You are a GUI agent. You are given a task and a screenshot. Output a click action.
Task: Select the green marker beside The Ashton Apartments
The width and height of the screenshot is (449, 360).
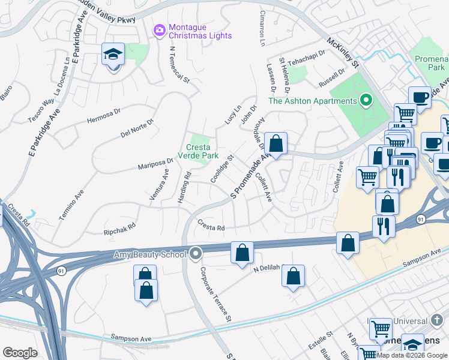click(364, 100)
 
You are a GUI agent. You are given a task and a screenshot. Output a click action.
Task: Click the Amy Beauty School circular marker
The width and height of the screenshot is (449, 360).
click(196, 254)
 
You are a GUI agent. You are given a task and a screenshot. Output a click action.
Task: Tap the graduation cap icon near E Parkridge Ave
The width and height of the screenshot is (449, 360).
click(112, 55)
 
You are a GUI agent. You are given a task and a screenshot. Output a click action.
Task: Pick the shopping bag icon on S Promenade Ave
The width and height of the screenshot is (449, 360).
click(276, 143)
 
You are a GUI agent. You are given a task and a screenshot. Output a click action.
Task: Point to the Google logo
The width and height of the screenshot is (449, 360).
click(20, 353)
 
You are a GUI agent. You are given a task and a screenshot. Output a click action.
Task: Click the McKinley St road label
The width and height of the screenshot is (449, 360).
click(342, 53)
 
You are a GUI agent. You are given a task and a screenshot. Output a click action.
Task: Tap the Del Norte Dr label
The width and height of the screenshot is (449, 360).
click(137, 127)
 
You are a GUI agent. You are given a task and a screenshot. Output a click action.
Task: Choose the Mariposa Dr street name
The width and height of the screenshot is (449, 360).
click(155, 161)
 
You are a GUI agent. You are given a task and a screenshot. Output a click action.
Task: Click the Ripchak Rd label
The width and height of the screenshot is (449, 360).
click(119, 227)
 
